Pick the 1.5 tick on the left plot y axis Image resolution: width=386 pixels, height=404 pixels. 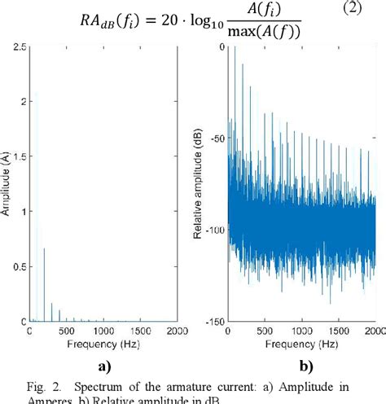[20, 156]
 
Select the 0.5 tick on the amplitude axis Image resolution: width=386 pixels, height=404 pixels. [20, 266]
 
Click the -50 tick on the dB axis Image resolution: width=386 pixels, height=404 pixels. [215, 138]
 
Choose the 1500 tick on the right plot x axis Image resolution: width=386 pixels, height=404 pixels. [338, 332]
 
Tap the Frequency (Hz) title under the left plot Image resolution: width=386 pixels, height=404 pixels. [103, 344]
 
